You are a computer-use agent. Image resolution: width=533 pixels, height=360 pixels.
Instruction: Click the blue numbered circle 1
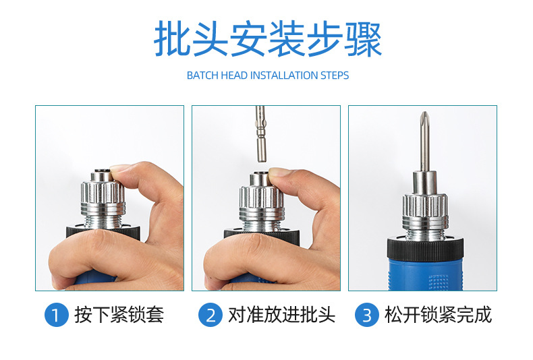point(57,315)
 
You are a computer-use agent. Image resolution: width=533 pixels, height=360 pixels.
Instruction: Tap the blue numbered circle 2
point(211,315)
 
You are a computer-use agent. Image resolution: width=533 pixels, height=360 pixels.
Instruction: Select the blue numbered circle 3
point(367,315)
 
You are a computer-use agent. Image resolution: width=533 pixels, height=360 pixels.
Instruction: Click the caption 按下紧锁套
point(119,315)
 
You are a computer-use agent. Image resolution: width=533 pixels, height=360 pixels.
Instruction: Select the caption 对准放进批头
point(281,315)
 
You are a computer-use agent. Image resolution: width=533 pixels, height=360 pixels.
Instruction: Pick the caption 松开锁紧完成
point(438,315)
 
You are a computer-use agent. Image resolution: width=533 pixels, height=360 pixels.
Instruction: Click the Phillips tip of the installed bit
point(424,118)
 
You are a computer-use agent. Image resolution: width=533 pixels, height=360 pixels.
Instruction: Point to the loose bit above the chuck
point(260,133)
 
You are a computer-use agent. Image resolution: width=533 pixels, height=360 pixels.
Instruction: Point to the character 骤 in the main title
point(364,38)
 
